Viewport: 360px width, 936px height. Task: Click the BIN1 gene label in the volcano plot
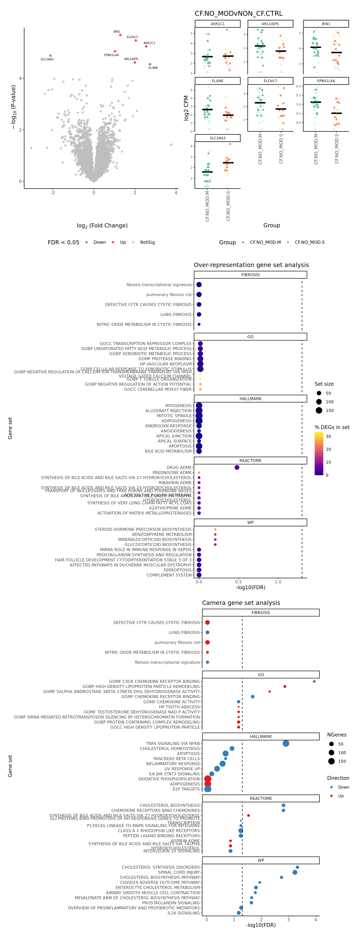(x=117, y=32)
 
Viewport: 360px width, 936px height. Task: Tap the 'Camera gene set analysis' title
(x=241, y=603)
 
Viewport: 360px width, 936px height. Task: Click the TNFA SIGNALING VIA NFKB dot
(x=286, y=743)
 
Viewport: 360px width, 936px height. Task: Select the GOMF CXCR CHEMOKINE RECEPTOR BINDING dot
(x=314, y=681)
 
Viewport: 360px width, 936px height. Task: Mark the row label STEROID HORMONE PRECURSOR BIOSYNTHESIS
(x=143, y=529)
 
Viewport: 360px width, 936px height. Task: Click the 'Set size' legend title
(x=324, y=384)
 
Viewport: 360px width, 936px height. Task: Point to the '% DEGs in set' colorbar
(x=319, y=453)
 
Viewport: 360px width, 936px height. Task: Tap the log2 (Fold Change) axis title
(x=102, y=226)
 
